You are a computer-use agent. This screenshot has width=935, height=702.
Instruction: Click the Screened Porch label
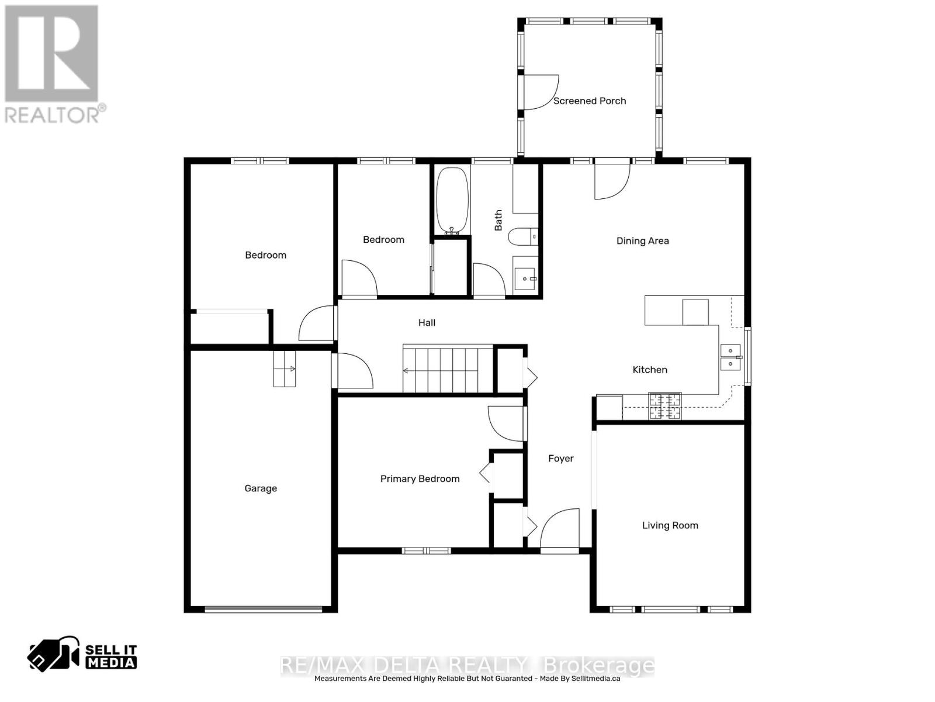point(589,101)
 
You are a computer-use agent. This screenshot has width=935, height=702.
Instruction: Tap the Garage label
point(261,488)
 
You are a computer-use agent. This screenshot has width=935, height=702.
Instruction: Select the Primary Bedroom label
point(420,479)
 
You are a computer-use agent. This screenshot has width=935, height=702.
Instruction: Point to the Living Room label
point(670,525)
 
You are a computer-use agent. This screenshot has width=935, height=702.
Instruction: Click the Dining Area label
point(642,240)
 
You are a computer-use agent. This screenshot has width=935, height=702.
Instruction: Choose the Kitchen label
point(650,370)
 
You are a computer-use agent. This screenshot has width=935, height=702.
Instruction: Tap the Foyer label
point(560,459)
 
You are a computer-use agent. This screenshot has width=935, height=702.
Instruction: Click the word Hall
point(427,322)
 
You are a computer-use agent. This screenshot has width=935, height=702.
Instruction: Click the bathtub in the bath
point(452,200)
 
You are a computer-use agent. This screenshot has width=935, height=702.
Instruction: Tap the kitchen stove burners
point(665,406)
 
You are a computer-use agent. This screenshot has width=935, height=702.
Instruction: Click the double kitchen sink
point(730,357)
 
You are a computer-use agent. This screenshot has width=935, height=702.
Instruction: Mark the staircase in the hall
point(448,370)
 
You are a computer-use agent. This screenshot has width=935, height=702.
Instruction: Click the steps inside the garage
point(285,369)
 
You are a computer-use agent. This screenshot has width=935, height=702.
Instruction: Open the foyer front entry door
point(560,531)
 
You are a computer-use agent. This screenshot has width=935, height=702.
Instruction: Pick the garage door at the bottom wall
point(263,610)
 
